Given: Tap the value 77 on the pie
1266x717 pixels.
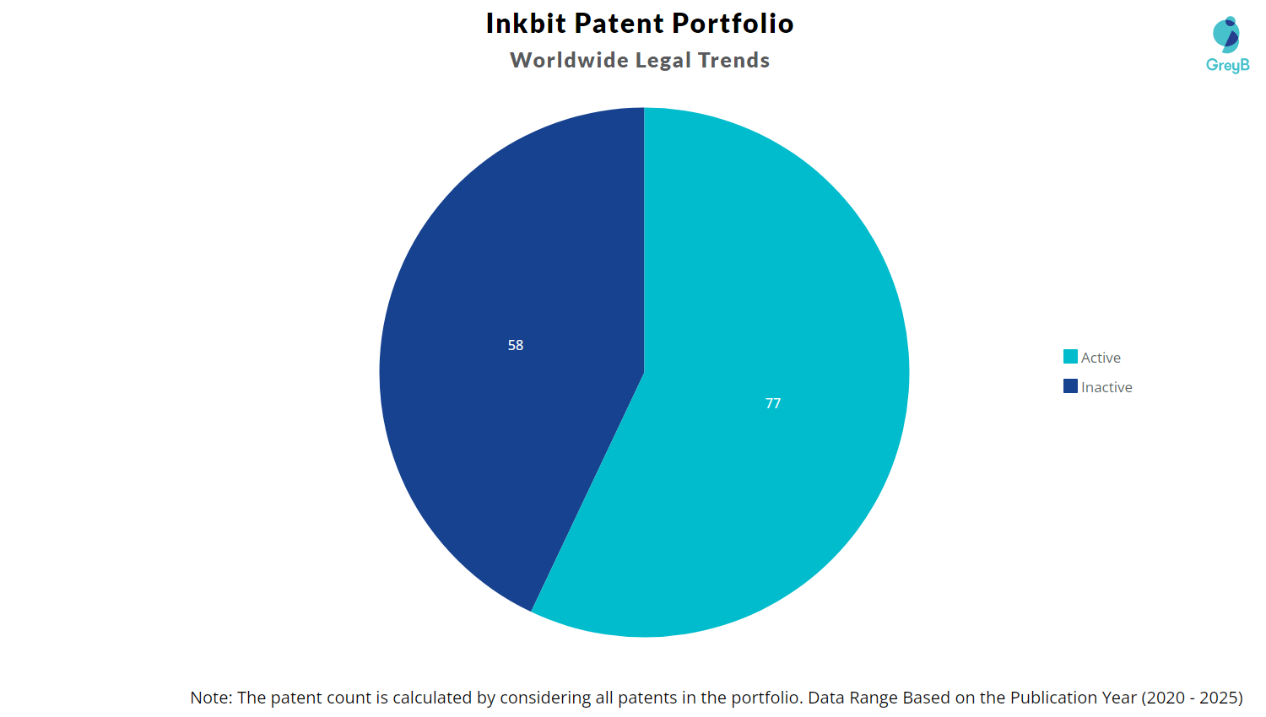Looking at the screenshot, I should point(773,403).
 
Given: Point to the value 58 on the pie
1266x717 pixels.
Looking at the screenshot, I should point(516,345).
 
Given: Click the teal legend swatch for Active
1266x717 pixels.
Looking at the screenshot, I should point(1070,357).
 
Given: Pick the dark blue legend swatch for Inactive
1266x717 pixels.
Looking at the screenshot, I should point(1070,386).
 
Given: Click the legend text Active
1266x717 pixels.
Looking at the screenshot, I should point(1101,358).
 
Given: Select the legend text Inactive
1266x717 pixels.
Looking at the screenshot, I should point(1106,387).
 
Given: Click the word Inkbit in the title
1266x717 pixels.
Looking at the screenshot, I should point(526,24).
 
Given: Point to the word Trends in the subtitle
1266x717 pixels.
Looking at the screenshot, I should point(733,61).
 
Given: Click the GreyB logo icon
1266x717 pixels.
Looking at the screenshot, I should point(1226,34).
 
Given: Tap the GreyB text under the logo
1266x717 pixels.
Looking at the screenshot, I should point(1227,65).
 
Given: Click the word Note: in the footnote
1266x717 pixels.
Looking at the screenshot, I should point(211,698).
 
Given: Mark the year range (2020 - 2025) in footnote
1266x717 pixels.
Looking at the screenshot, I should point(1192,698).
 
